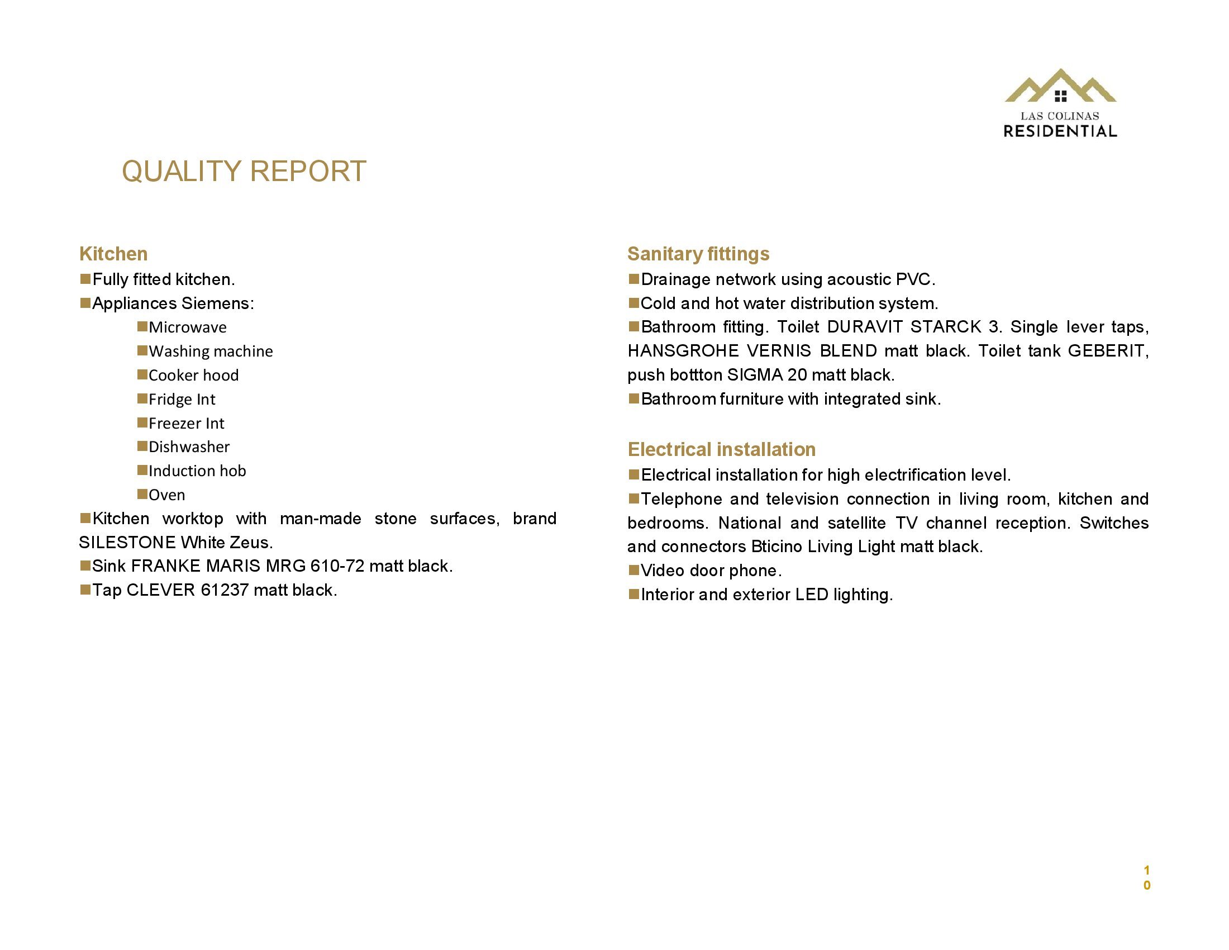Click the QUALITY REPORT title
(244, 171)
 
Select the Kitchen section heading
(113, 254)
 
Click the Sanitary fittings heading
(698, 254)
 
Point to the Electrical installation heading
(721, 449)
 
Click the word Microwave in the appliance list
(187, 327)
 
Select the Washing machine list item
(211, 351)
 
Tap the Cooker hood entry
(194, 376)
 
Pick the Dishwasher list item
(189, 447)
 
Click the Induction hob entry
(197, 471)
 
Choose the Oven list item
(166, 495)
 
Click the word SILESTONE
(127, 543)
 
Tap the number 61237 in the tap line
(225, 590)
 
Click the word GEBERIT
(1106, 351)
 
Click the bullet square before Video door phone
(633, 570)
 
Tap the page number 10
(1147, 877)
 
